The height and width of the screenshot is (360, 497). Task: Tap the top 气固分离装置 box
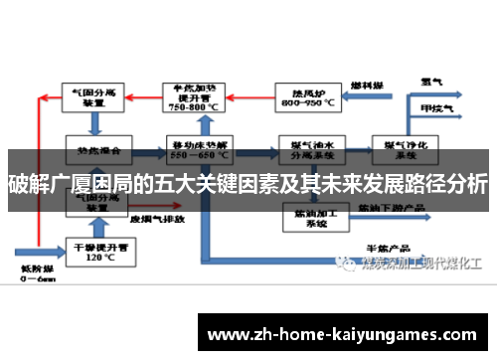coord(93,97)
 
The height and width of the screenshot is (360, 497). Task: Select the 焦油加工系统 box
coord(303,216)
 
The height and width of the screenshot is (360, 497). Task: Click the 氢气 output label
coord(430,82)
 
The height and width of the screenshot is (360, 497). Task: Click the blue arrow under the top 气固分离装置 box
coord(93,123)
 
